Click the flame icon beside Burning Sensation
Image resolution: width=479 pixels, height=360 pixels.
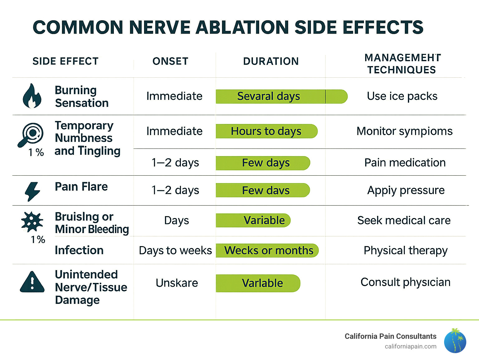[x=32, y=96]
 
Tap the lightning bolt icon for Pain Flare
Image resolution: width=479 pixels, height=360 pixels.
[x=32, y=191]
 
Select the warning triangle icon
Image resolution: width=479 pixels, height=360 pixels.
[x=32, y=282]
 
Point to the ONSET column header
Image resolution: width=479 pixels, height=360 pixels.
[x=170, y=61]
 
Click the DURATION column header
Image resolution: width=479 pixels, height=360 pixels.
[x=271, y=61]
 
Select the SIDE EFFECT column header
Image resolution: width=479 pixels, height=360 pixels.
[x=65, y=61]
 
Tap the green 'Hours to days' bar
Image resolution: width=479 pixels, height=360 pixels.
[x=266, y=131]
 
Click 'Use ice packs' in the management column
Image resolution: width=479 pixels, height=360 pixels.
[x=402, y=96]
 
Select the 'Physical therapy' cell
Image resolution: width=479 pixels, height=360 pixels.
[x=405, y=251]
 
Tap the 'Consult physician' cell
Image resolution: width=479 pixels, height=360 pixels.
[x=405, y=282]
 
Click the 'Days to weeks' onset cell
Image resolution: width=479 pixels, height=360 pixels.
[x=175, y=251]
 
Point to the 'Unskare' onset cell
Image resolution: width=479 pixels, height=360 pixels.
[x=177, y=283]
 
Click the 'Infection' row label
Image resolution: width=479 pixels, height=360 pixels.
[x=79, y=250]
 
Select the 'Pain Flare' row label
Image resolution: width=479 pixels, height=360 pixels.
[x=81, y=187]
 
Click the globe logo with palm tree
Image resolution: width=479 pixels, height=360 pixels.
[x=455, y=341]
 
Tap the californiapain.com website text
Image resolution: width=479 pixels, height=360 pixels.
[x=410, y=346]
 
